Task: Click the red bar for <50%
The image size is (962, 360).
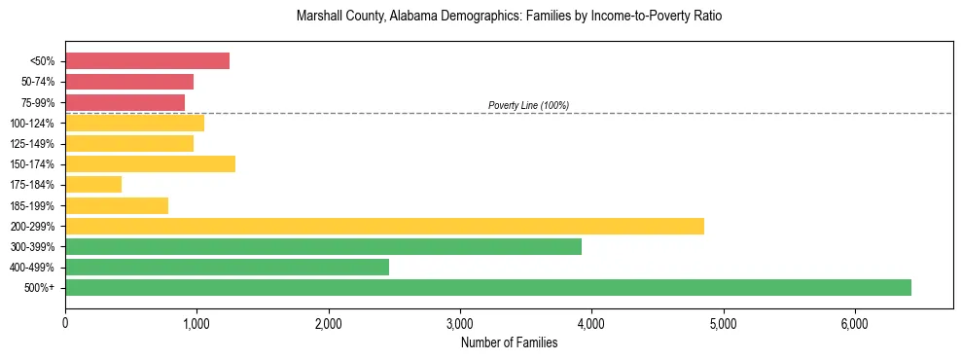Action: pos(147,61)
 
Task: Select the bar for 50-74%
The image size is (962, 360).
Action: pos(129,82)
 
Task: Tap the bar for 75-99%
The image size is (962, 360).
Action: pos(125,102)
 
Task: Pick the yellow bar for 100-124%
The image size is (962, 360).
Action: pos(134,123)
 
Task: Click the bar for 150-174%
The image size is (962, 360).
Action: pos(150,163)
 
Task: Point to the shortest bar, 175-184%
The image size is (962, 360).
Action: pos(93,184)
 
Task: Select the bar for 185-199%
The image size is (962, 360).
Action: pos(117,205)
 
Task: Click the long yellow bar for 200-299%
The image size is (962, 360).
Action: pos(384,226)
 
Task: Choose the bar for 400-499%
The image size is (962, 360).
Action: pos(256,267)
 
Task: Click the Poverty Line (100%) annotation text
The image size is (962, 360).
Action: pos(528,105)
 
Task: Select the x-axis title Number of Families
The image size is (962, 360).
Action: pos(509,342)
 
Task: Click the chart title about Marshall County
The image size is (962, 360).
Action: pos(509,18)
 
